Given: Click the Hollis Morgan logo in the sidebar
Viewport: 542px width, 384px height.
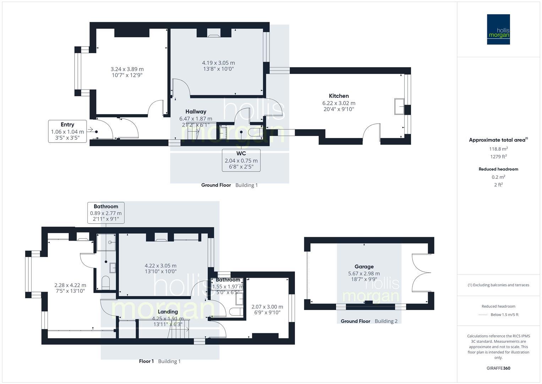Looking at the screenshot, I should click(x=498, y=30).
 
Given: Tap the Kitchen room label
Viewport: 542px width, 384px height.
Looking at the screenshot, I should click(x=339, y=96).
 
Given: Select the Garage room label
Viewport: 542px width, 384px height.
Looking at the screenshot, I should click(x=364, y=266).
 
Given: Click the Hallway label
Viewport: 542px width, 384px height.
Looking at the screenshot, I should click(x=196, y=112).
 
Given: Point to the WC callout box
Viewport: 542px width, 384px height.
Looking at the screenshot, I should click(x=241, y=160).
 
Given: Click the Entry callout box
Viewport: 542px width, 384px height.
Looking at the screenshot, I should click(x=67, y=131).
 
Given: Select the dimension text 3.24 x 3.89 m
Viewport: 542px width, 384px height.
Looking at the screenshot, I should click(x=127, y=69).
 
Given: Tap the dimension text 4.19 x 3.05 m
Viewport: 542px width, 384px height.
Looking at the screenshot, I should click(x=218, y=63).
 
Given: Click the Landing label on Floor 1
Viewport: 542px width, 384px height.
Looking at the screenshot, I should click(x=168, y=312).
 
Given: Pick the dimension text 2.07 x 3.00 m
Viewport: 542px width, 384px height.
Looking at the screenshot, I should click(x=267, y=307).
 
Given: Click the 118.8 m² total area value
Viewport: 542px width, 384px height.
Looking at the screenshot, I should click(x=498, y=149).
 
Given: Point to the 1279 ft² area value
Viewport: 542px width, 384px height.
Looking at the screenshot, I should click(x=498, y=156).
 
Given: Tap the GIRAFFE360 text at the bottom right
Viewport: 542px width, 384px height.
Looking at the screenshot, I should click(x=498, y=368).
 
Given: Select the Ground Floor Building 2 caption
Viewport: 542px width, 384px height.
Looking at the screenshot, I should click(x=369, y=321).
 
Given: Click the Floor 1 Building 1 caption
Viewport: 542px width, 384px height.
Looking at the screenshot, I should click(x=160, y=361).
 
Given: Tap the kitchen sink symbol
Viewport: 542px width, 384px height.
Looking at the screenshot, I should click(x=399, y=107).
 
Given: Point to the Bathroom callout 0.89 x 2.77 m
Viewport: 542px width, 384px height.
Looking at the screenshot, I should click(x=106, y=213).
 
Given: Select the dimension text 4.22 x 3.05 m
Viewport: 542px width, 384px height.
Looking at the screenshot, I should click(x=160, y=266).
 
